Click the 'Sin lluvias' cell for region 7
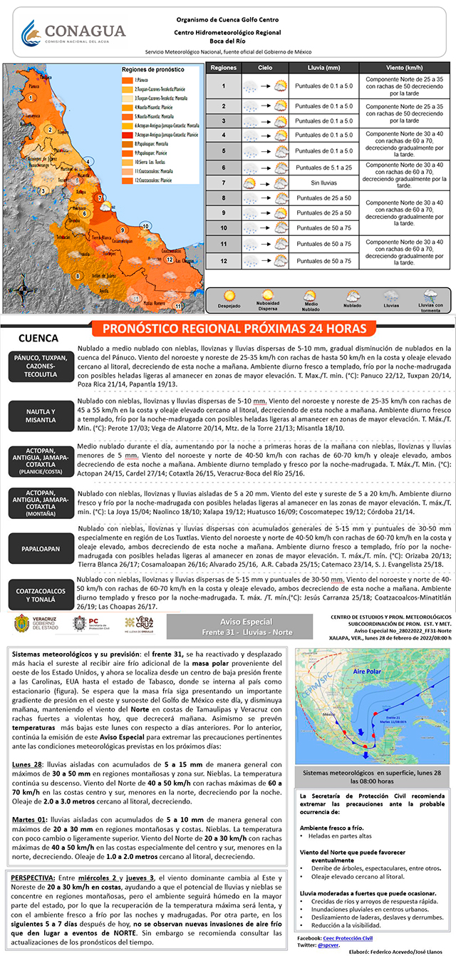pos(324,183)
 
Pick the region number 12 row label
pos(223,261)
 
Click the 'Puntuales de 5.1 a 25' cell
pos(324,168)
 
